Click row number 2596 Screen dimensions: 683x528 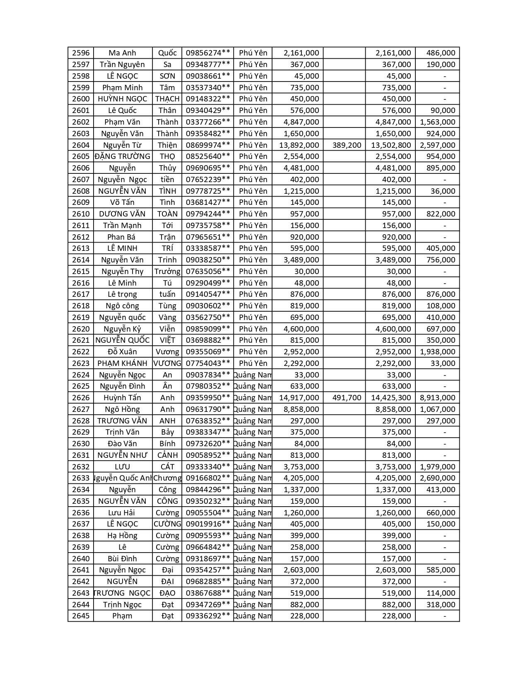pos(81,53)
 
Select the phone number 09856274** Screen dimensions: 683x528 pos(208,53)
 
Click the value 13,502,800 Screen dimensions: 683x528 pos(391,145)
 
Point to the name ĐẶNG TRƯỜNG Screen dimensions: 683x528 pos(123,156)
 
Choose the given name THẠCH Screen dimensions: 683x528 pos(167,99)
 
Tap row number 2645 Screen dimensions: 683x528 pos(81,616)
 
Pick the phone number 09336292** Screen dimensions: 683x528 pos(208,616)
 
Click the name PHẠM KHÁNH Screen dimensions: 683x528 pos(123,363)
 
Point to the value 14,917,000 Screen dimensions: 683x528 pos(299,398)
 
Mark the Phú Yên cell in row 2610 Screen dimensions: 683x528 pos(253,214)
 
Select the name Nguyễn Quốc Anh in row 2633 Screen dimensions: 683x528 pos(123,478)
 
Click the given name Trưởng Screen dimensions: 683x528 pos(167,272)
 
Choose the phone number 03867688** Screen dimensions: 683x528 pos(208,593)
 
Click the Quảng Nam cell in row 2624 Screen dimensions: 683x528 pos(253,375)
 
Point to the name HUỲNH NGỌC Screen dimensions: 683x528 pos(123,99)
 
